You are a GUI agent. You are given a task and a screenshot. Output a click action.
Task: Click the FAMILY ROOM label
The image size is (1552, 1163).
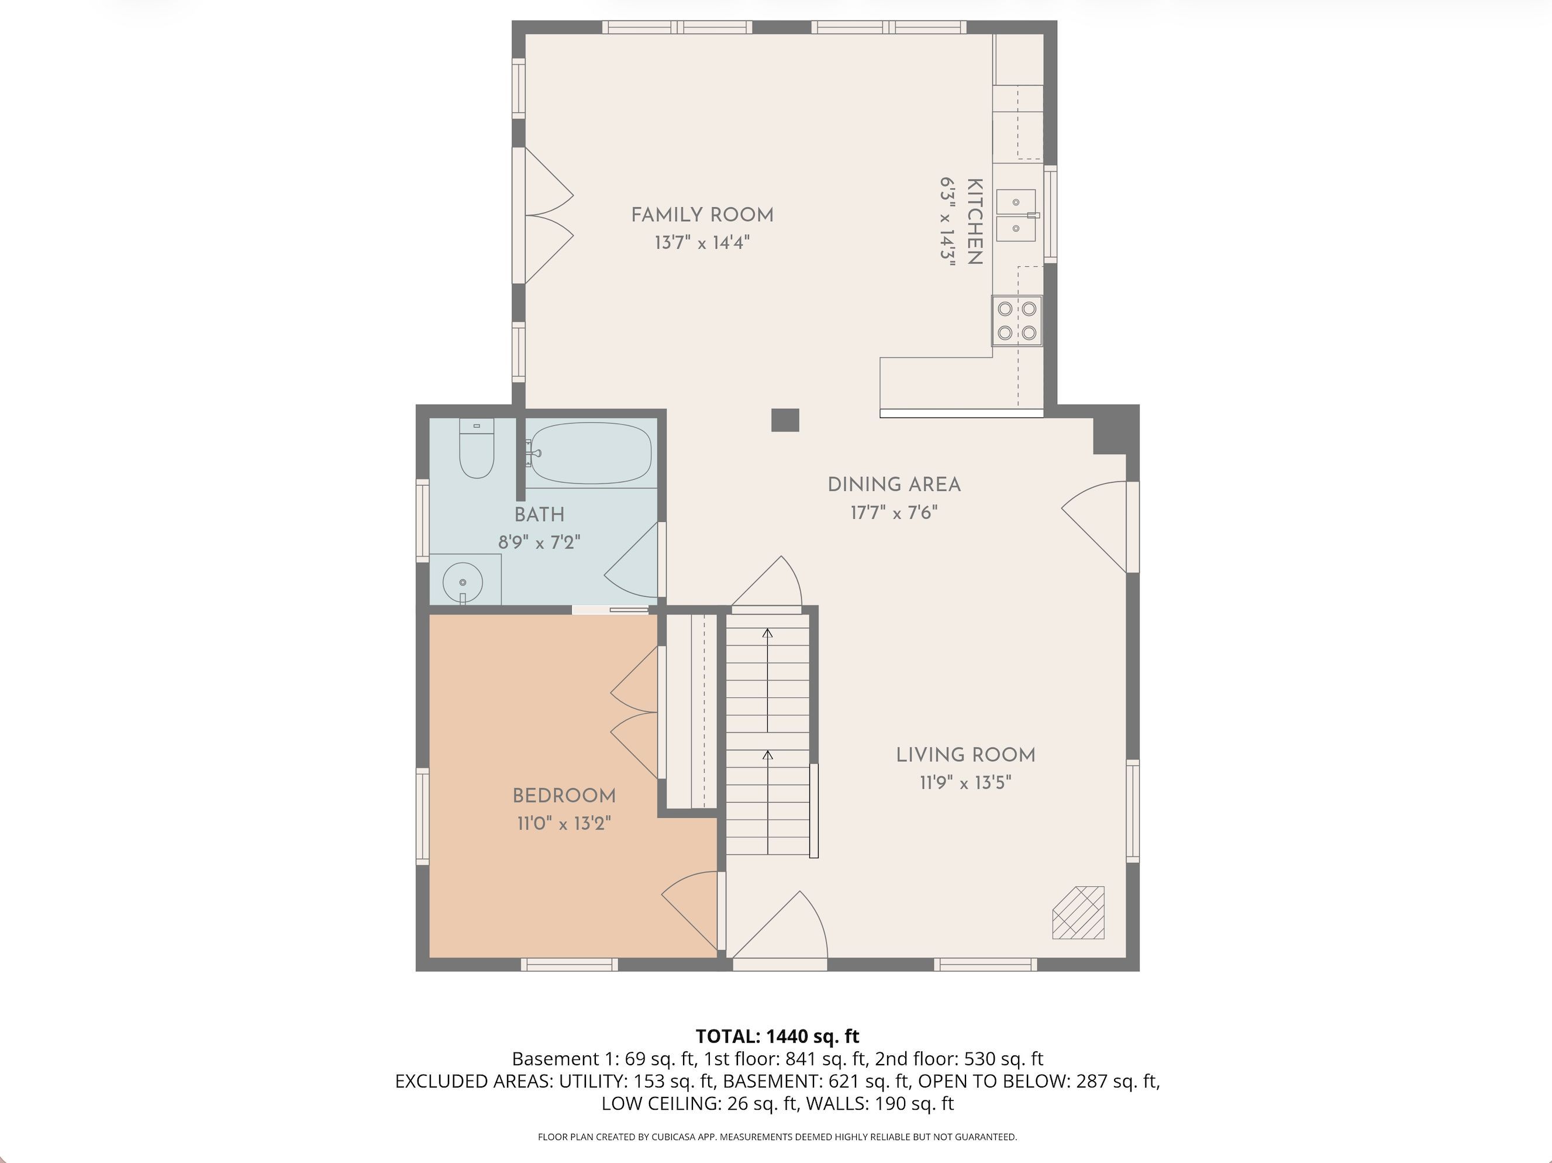tap(702, 215)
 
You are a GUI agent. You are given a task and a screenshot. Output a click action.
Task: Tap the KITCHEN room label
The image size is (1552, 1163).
tap(974, 221)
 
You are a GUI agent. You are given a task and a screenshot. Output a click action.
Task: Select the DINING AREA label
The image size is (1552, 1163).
tap(894, 484)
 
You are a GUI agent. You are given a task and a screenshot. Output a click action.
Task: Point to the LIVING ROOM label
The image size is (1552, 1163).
tap(965, 755)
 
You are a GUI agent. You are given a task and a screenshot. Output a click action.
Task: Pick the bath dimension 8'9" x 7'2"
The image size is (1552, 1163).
tap(540, 542)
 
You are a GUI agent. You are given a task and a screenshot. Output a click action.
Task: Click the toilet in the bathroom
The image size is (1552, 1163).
tap(477, 448)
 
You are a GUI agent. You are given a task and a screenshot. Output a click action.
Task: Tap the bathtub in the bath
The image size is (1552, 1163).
tap(591, 453)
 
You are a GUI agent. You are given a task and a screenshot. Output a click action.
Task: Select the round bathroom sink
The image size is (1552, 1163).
tap(463, 582)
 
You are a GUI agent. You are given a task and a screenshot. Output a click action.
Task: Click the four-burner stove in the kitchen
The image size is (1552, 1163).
tap(1017, 321)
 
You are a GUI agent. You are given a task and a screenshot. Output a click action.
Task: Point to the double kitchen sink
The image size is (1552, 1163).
tap(1016, 215)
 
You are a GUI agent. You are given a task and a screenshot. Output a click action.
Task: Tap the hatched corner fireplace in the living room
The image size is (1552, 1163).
tap(1078, 913)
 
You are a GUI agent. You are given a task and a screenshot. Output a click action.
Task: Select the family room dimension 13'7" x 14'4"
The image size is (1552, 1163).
tap(702, 243)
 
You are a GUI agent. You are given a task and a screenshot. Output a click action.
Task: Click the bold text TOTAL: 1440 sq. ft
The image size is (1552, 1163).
tap(777, 1036)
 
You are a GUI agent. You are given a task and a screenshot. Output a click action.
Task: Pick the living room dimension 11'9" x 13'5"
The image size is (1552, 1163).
tap(965, 782)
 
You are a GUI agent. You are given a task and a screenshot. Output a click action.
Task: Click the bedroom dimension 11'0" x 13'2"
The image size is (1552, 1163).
tap(564, 823)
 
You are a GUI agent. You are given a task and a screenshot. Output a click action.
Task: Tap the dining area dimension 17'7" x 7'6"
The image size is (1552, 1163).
tap(894, 512)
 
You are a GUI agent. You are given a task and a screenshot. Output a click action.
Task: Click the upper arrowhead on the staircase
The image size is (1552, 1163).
tap(768, 633)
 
